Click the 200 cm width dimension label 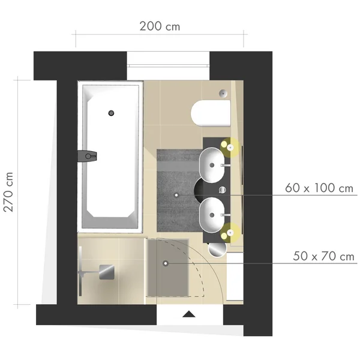[160, 26]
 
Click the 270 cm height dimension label [8, 192]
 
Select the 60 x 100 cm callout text [319, 188]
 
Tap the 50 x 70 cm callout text [323, 256]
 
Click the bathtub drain [111, 113]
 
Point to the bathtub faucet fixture [87, 157]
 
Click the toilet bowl [211, 113]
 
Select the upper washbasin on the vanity [212, 165]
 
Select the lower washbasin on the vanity [212, 215]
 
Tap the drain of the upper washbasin [212, 165]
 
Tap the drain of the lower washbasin [212, 215]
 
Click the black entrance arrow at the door [189, 314]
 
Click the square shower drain [107, 272]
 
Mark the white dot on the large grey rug [176, 195]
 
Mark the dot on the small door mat [166, 263]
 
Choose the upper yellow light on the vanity [230, 147]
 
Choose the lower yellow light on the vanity [230, 233]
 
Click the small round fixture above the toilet [223, 93]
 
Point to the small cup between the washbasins [222, 190]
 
